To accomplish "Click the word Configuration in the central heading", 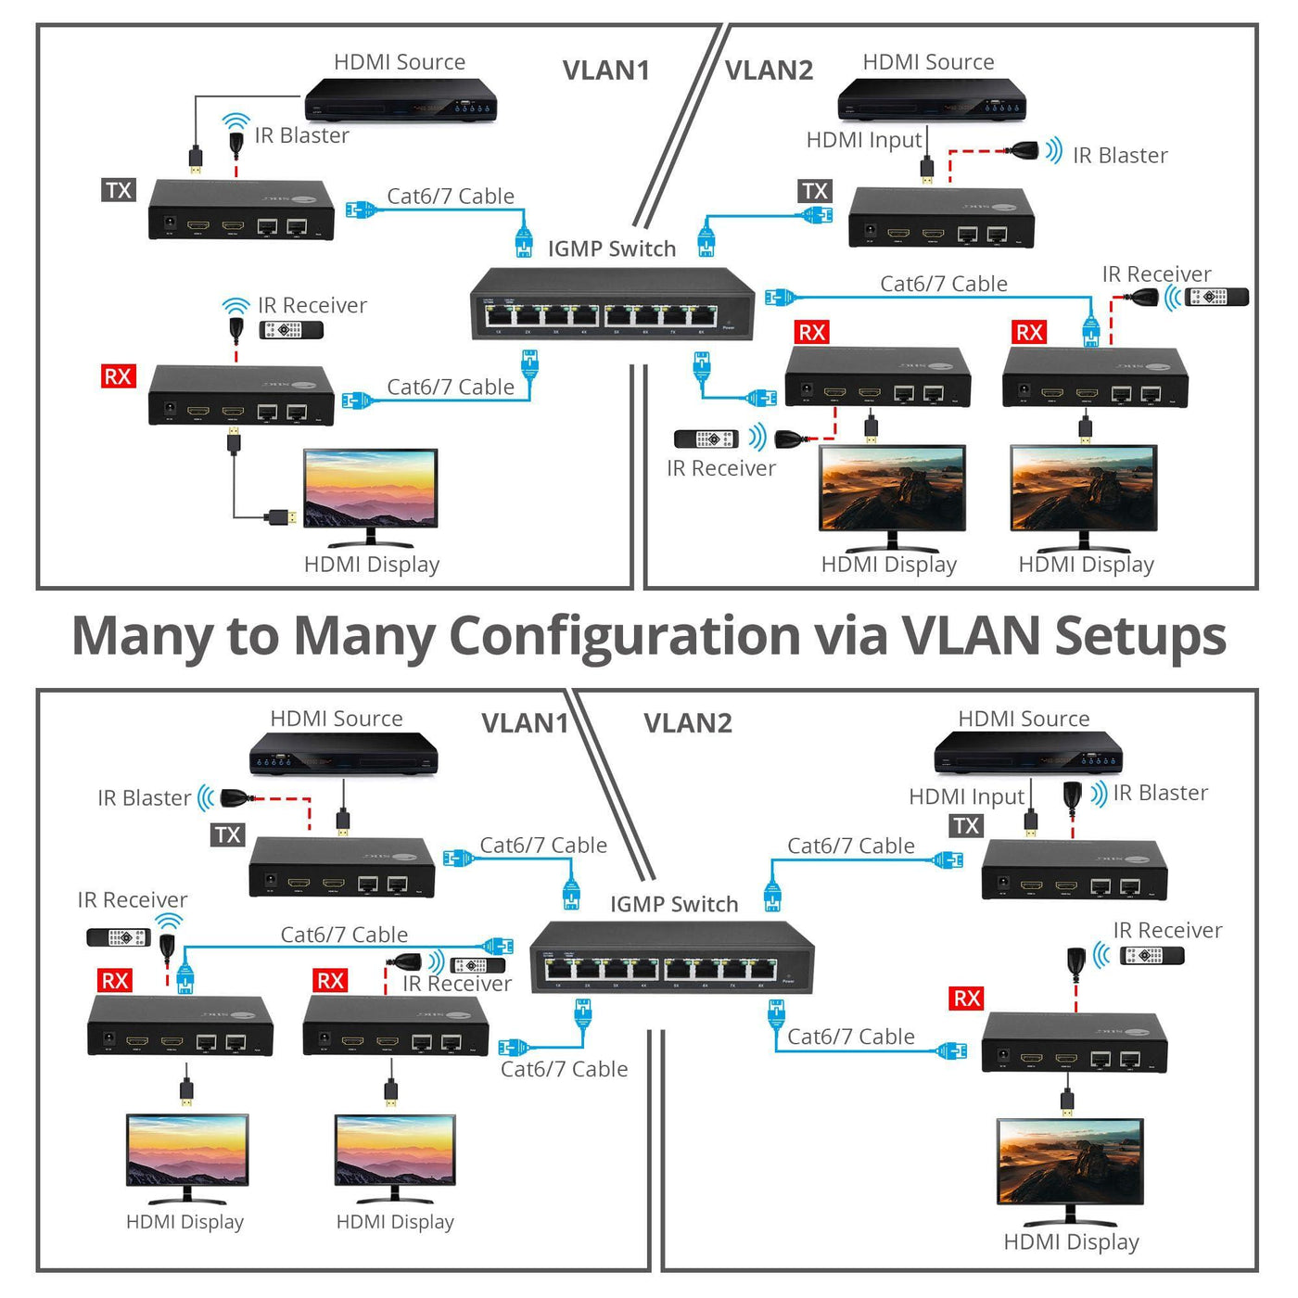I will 624,637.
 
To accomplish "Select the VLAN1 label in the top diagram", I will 605,70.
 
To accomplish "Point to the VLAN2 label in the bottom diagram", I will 687,723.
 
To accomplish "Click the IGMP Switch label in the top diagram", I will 612,248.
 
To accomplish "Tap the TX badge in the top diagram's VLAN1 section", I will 119,190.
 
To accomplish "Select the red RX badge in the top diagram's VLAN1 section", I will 118,376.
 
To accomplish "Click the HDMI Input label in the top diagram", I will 864,140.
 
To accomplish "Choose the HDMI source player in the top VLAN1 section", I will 401,99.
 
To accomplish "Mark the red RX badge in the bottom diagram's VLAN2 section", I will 967,999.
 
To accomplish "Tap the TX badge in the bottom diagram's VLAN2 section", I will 966,825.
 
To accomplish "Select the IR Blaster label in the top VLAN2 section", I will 1120,156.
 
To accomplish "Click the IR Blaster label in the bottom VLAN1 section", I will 145,798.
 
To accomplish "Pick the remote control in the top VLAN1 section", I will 291,330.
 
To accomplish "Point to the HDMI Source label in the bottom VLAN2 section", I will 1024,719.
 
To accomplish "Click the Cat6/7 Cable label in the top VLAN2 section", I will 943,284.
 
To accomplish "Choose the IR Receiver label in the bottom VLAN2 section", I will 1167,930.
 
